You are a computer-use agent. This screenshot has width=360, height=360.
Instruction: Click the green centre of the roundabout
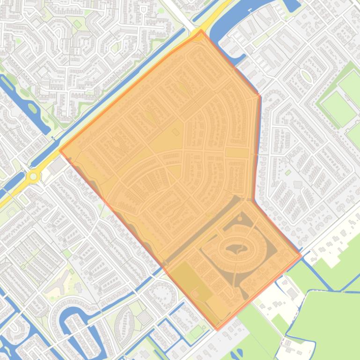click(33, 177)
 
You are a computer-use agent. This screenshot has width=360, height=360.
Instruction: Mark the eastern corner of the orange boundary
click(301, 256)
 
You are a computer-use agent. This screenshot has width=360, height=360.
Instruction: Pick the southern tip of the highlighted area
click(217, 329)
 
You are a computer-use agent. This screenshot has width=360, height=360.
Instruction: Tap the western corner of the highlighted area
click(60, 151)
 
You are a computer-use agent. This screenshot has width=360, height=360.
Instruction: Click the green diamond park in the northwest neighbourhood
click(77, 23)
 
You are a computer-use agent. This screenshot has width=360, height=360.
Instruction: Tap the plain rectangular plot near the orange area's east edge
click(237, 153)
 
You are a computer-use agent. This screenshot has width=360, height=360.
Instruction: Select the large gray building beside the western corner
click(57, 165)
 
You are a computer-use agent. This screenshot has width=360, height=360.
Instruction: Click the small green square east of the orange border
click(288, 173)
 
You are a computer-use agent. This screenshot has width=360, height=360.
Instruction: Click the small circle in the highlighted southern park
click(195, 293)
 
